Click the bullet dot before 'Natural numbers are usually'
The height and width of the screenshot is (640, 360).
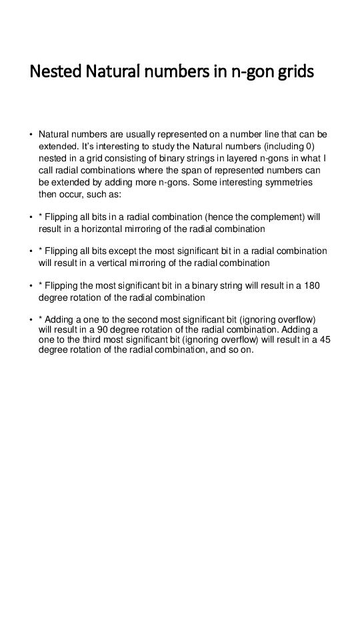(x=31, y=135)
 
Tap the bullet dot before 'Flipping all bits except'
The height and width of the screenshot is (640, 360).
(x=31, y=251)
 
